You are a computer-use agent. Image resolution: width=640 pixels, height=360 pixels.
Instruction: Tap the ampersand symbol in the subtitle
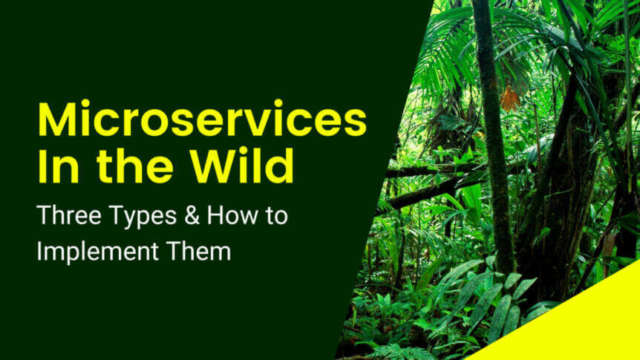192,215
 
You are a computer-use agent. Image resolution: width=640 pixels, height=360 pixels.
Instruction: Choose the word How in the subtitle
229,215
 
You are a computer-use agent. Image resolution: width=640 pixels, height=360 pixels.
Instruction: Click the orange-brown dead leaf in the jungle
510,99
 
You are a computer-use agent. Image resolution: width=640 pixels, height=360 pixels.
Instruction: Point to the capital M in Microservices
56,119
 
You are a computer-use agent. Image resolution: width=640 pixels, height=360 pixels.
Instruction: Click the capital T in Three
44,215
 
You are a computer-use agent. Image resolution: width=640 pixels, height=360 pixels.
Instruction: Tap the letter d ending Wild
280,166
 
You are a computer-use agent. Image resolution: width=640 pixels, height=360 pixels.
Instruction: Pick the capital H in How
215,215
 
